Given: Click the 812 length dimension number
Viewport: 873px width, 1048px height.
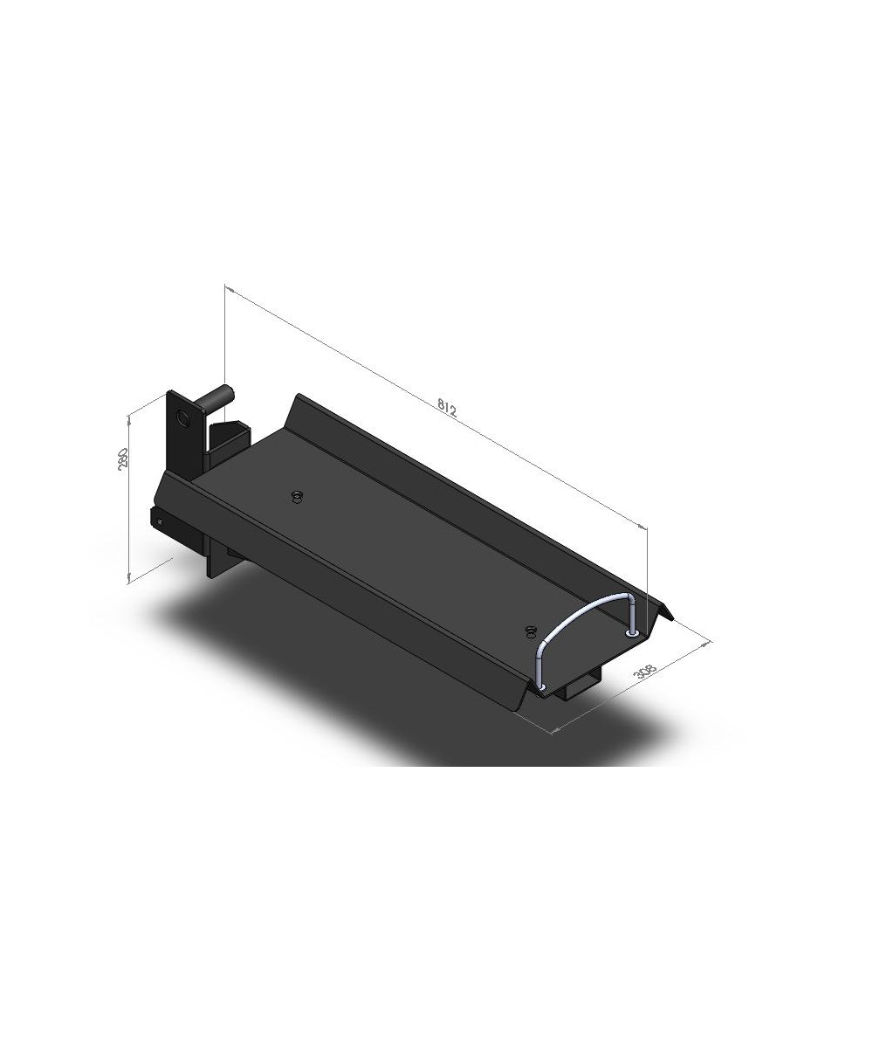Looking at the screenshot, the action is point(446,407).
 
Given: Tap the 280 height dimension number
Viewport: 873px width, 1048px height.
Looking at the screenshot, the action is point(122,458).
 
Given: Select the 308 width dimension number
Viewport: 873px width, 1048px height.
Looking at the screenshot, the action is point(645,671).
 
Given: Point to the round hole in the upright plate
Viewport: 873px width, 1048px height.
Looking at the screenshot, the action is point(182,417).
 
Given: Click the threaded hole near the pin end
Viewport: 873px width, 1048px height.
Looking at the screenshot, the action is point(298,496).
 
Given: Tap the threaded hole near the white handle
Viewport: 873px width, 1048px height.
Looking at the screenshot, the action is point(530,631).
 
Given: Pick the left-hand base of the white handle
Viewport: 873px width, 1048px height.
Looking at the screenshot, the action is point(542,687).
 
